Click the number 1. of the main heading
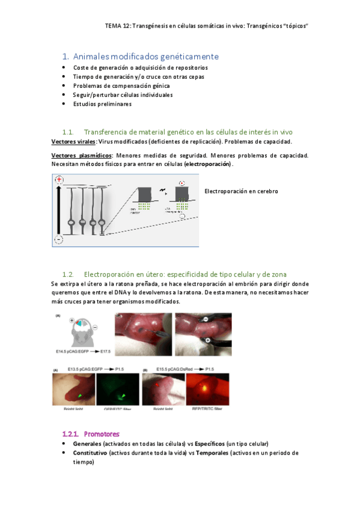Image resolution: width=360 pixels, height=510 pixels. tap(66, 57)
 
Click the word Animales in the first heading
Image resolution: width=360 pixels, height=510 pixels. tap(91, 57)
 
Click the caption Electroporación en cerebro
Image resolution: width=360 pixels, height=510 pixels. tap(241, 191)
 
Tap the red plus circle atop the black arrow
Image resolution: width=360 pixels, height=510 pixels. tap(59, 180)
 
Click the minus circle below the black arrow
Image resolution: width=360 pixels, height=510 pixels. tap(59, 239)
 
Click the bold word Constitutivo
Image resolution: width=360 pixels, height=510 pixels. tap(90, 453)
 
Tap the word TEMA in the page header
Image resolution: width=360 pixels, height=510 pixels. tap(112, 26)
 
